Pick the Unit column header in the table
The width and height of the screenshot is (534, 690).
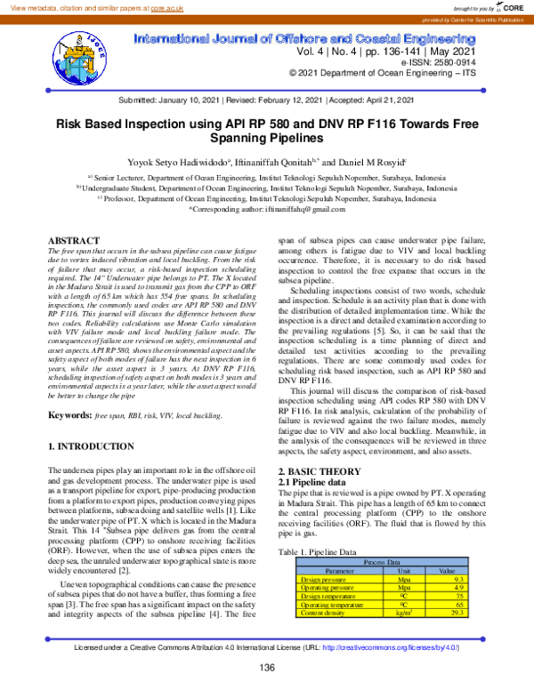pyautogui.click(x=402, y=570)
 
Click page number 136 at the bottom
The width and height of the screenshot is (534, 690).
pyautogui.click(x=267, y=667)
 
